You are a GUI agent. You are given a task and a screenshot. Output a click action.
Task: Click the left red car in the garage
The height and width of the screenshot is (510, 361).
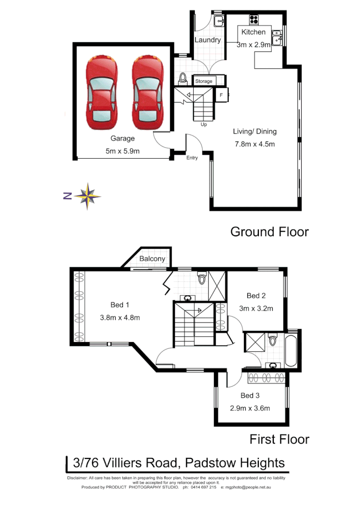pyautogui.click(x=101, y=90)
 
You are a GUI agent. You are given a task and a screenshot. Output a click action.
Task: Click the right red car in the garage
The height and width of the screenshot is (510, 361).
pyautogui.click(x=147, y=90)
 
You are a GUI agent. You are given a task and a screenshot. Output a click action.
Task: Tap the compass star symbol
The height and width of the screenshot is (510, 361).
pyautogui.click(x=87, y=195)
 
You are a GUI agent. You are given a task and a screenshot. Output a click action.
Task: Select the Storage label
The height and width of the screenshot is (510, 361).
pyautogui.click(x=204, y=81)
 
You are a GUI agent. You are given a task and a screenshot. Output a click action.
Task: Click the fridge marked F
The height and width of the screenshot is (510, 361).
pyautogui.click(x=221, y=95)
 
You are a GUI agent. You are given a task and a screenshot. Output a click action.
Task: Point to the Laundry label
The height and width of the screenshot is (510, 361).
pyautogui.click(x=208, y=40)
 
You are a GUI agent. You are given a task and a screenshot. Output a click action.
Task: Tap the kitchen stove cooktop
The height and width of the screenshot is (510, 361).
pyautogui.click(x=254, y=20)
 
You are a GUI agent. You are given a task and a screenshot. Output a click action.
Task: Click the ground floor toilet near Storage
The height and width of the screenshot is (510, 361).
pyautogui.click(x=183, y=77)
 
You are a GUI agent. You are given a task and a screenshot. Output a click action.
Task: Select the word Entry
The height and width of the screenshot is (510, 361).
pyautogui.click(x=192, y=158)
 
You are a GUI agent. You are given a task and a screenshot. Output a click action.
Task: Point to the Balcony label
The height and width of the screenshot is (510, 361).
pyautogui.click(x=152, y=259)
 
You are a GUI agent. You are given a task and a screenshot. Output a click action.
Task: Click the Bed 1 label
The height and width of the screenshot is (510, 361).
pyautogui.click(x=120, y=305)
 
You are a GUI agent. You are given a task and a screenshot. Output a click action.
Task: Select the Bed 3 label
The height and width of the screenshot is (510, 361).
pyautogui.click(x=250, y=395)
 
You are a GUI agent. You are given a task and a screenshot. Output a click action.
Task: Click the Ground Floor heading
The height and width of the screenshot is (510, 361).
pyautogui.click(x=269, y=231)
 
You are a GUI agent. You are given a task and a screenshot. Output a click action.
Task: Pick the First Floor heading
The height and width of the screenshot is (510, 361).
pyautogui.click(x=279, y=439)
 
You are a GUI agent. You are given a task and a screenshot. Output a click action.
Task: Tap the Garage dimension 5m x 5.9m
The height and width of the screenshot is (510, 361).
pyautogui.click(x=122, y=151)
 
